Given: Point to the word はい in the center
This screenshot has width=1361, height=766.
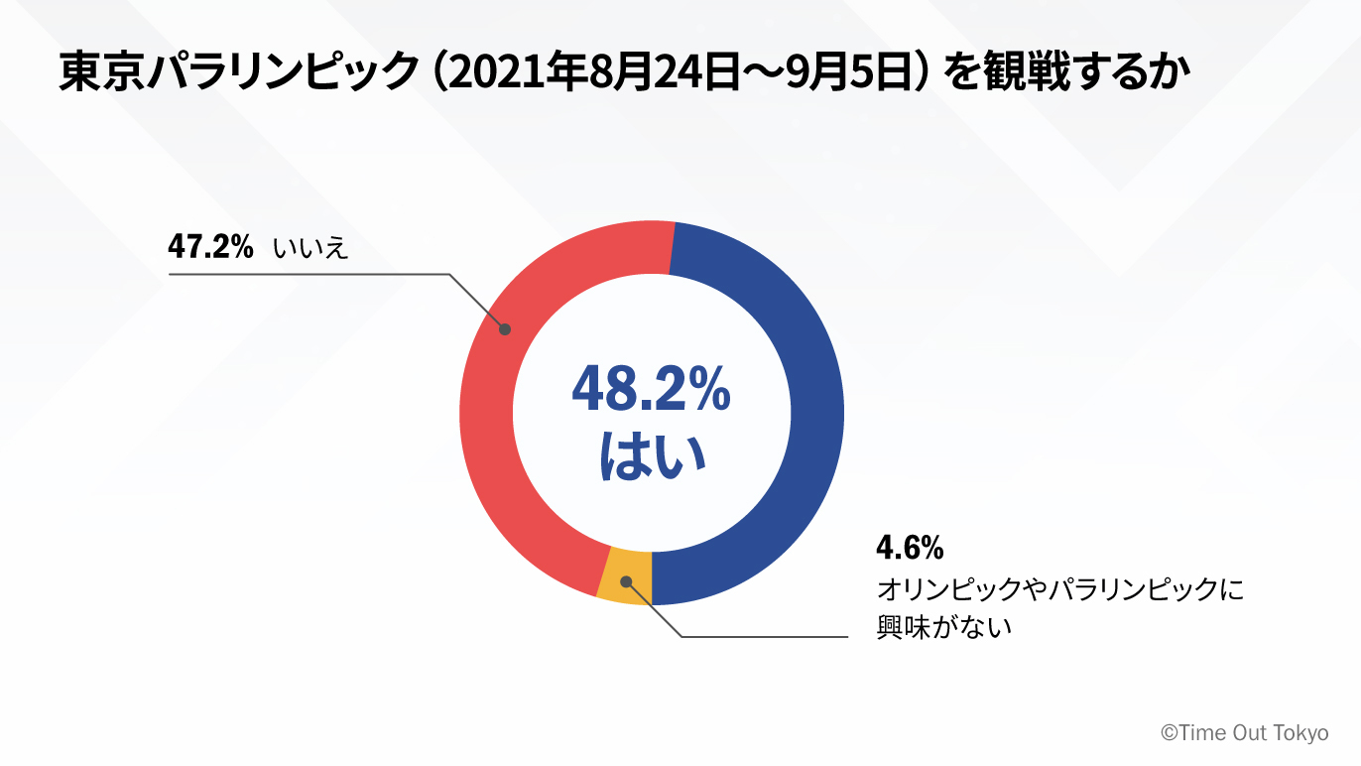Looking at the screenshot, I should click(x=652, y=456).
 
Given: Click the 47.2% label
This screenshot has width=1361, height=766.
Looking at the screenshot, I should click(x=210, y=247).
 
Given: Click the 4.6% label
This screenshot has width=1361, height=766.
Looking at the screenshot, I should click(x=909, y=548).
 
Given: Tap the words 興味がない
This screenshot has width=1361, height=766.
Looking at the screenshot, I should click(x=942, y=627).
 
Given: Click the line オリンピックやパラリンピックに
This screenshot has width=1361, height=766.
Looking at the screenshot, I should click(x=1058, y=589).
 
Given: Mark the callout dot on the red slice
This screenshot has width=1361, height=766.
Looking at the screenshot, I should click(x=504, y=328).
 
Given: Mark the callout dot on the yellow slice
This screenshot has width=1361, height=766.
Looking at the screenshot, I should click(x=626, y=581).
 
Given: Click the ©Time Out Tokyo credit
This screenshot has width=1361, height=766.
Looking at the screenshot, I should click(x=1244, y=733).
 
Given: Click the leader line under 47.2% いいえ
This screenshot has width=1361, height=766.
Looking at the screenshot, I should click(x=308, y=274).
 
